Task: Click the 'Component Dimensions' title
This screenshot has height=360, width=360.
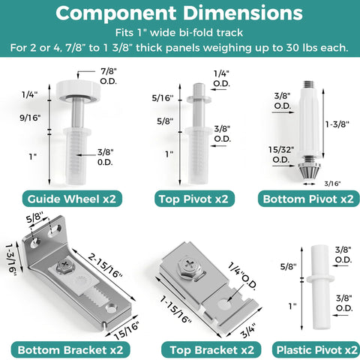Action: click(180, 13)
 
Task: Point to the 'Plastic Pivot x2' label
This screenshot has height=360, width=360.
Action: click(315, 350)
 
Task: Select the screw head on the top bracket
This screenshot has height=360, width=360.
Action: click(185, 265)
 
